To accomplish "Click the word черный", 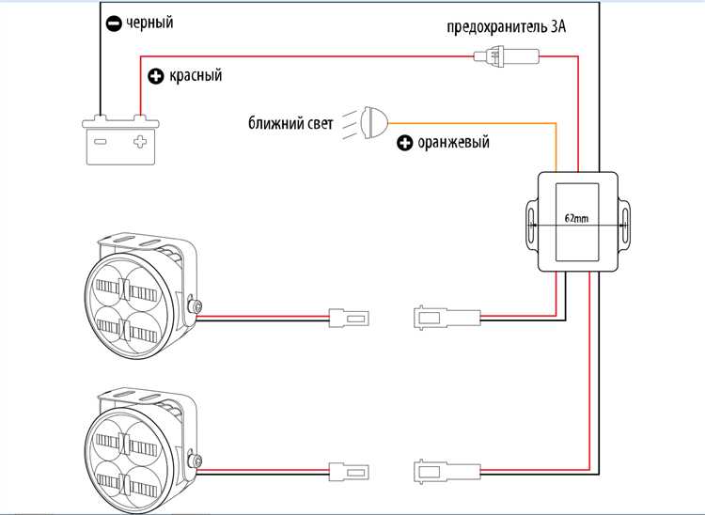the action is click(x=149, y=23).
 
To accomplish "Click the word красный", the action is click(x=196, y=75).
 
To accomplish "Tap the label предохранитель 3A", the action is click(x=507, y=27).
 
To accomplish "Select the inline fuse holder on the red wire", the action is click(x=507, y=56).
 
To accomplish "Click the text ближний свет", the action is click(x=290, y=123).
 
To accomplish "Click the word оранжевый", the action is click(x=453, y=143).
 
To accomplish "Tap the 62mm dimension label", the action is click(x=577, y=218).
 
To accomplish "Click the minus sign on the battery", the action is click(x=101, y=142).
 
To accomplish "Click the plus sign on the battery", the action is click(x=140, y=142).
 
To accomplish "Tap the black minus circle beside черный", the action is click(x=114, y=23).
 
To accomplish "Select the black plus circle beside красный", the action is click(x=156, y=76).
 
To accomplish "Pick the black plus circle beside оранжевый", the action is click(x=404, y=144).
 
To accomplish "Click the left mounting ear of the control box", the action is click(x=532, y=224).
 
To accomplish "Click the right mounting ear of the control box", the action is click(x=624, y=224).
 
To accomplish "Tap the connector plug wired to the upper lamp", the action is click(x=349, y=319).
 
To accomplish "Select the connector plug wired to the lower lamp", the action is click(x=349, y=472).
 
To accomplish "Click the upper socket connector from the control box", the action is click(x=446, y=318).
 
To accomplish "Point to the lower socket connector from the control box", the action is click(x=446, y=472).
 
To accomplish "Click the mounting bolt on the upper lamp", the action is click(x=195, y=306).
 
